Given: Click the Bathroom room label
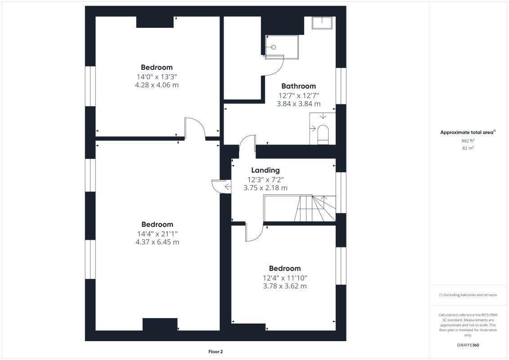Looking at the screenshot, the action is click(298, 86).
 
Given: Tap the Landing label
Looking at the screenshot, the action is click(265, 170).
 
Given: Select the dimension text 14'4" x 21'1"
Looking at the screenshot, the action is click(158, 234).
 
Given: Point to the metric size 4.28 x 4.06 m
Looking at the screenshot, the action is click(157, 85).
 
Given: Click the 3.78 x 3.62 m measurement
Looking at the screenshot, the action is click(285, 286).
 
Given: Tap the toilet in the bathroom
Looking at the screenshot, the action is click(323, 134).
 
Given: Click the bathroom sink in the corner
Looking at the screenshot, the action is click(322, 23).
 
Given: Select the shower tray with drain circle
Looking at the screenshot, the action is click(282, 47).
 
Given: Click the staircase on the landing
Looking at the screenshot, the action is click(300, 208).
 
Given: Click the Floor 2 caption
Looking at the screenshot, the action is click(216, 351).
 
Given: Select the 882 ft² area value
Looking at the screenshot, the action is click(468, 141).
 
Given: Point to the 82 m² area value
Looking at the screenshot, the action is click(468, 148).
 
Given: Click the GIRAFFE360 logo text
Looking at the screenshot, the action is click(468, 345).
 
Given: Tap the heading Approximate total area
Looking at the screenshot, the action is click(467, 132).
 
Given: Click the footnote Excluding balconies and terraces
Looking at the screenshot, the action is click(468, 295).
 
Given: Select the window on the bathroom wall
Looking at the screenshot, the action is click(341, 86).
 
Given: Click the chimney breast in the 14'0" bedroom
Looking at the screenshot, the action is click(155, 22).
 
